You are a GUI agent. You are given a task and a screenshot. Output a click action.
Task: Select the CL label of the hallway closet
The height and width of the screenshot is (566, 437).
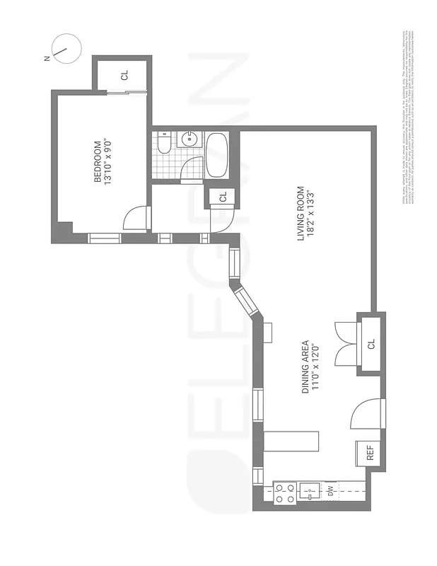(x=222, y=197)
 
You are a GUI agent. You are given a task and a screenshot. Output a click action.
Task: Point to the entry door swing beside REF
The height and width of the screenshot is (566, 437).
(x=366, y=415)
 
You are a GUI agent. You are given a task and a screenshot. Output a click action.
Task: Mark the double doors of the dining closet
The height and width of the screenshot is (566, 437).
(x=345, y=344)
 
